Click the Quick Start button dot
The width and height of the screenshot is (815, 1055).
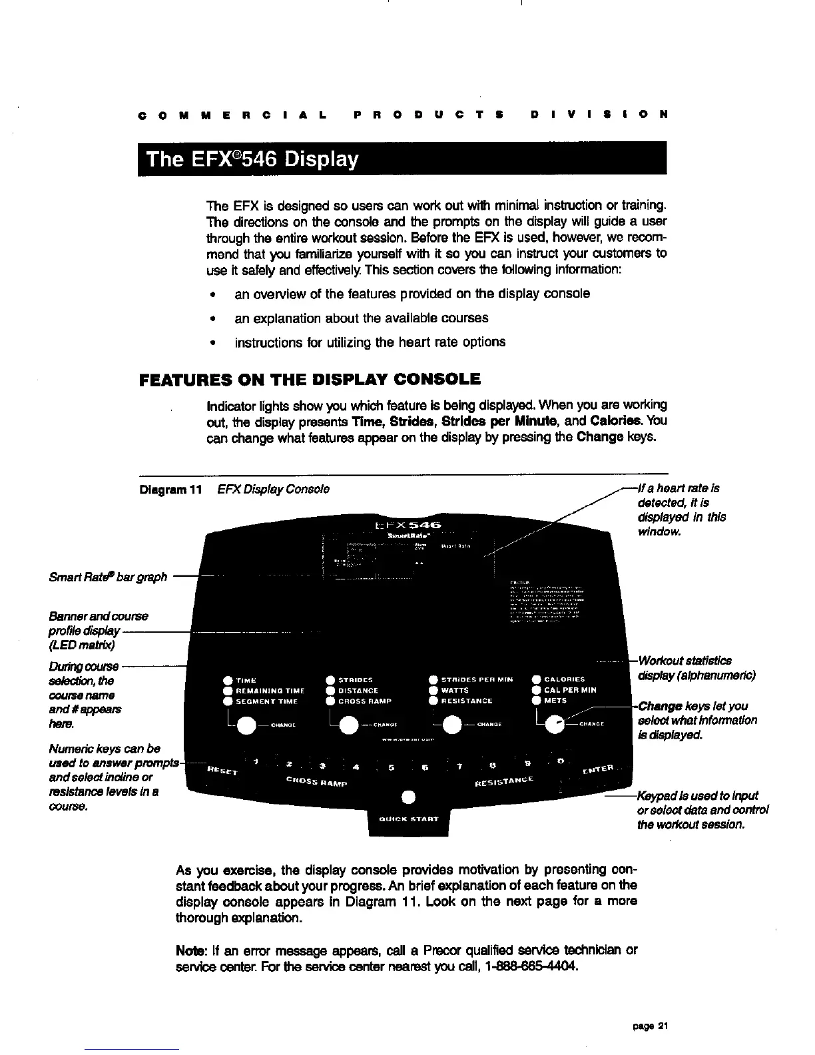409,797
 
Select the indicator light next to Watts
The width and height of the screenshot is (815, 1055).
433,691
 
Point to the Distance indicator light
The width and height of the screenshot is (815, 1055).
330,691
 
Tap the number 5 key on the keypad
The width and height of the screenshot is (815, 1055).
392,767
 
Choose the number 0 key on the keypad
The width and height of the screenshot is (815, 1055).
561,760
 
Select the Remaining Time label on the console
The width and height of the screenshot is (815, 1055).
270,691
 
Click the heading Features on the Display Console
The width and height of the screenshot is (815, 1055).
310,380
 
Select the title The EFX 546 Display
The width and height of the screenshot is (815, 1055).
252,160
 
